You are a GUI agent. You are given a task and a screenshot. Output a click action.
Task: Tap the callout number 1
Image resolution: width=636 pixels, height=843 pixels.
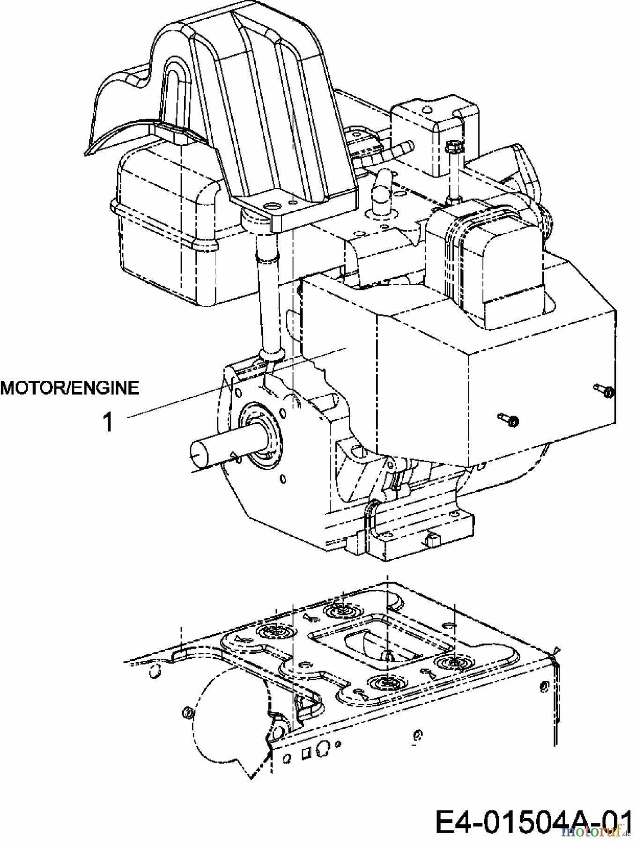108,422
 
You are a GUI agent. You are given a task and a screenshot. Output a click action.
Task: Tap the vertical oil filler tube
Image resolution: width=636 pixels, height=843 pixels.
267,304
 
